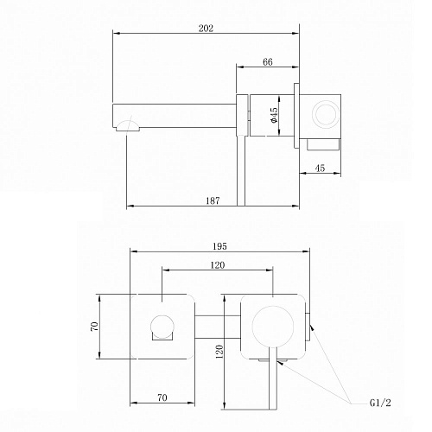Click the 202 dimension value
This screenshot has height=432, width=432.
(206, 29)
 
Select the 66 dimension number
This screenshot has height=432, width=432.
(268, 62)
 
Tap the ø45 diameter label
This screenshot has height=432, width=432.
(274, 115)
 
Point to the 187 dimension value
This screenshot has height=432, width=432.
(213, 200)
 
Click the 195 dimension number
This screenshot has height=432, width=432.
(219, 246)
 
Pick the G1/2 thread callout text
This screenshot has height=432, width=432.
(380, 403)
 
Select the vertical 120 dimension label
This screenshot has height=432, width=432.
(219, 352)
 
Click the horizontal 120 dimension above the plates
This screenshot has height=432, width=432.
(218, 265)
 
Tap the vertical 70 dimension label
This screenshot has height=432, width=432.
(94, 327)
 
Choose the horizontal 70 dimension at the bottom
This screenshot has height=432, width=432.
(162, 397)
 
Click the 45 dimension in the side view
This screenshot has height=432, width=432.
(320, 168)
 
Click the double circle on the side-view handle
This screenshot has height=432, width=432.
(326, 114)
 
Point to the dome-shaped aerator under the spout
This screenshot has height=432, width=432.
(128, 126)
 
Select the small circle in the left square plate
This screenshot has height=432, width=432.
(162, 327)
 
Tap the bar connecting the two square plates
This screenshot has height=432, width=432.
(218, 327)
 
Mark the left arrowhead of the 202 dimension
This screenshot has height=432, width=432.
(116, 34)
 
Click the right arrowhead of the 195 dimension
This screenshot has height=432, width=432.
(306, 251)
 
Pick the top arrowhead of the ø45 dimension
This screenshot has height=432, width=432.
(279, 99)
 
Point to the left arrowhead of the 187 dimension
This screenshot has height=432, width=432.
(130, 206)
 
